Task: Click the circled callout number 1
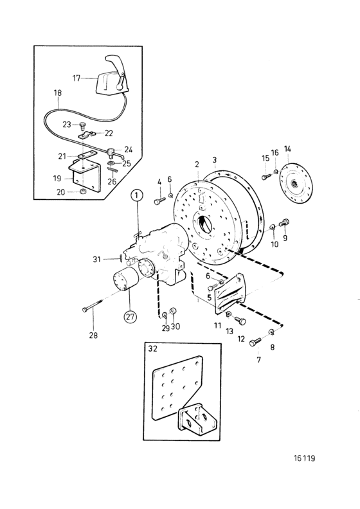[137, 195]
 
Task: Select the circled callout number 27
[130, 316]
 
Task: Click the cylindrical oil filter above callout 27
[125, 281]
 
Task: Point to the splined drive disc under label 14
[296, 184]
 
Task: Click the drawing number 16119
[304, 458]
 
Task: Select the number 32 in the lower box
[152, 348]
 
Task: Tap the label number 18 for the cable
[57, 93]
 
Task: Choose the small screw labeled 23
[82, 124]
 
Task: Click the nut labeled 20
[83, 190]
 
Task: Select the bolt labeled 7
[255, 342]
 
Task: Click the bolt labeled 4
[160, 201]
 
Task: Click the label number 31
[96, 260]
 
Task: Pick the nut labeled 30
[173, 310]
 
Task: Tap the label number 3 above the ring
[214, 160]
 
